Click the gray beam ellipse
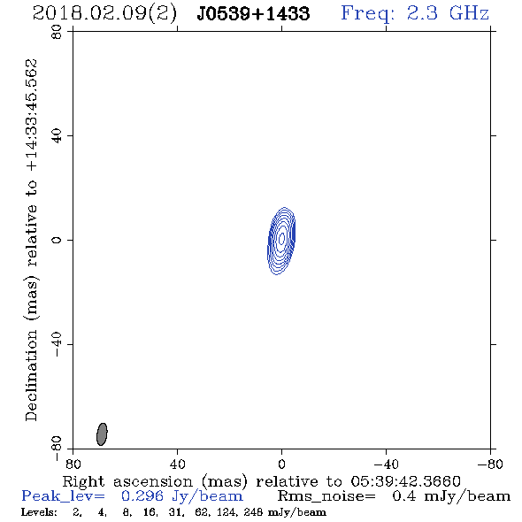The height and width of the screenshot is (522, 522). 102,434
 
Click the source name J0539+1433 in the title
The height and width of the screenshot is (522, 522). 253,13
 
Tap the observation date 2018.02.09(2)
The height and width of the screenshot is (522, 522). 104,13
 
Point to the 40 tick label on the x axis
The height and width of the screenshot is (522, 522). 177,464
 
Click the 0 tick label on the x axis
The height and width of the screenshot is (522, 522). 281,464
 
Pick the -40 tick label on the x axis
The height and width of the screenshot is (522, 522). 386,464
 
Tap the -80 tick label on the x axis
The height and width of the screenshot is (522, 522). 490,464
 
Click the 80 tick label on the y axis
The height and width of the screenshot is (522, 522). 57,32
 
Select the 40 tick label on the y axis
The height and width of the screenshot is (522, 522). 57,135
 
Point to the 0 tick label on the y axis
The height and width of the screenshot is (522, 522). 57,240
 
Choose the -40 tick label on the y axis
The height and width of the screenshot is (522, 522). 57,344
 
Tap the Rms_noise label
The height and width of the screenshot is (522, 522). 326,496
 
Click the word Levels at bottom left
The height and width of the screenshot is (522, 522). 39,512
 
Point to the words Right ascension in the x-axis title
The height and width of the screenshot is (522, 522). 127,481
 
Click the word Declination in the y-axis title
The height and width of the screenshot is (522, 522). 31,376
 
